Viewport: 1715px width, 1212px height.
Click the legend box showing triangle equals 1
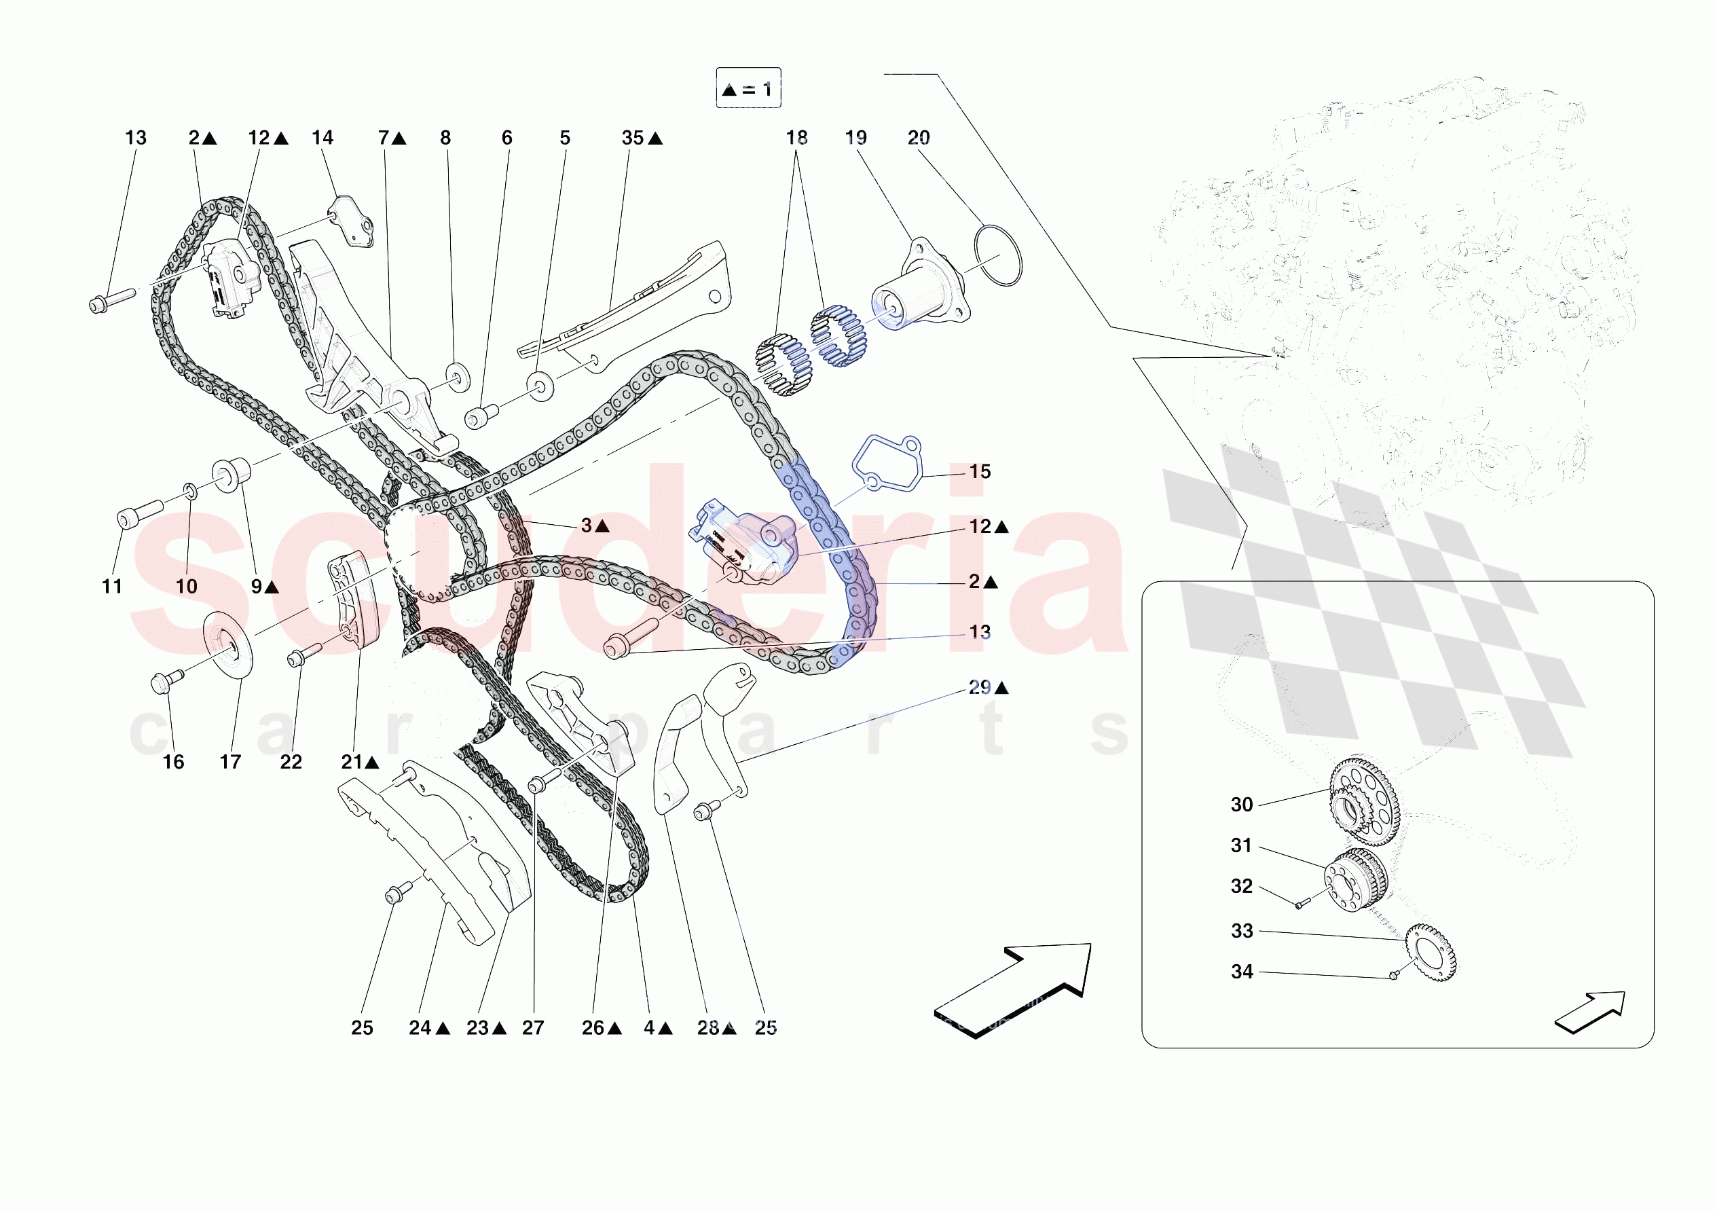(748, 89)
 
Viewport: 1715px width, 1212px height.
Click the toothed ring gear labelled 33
(1431, 952)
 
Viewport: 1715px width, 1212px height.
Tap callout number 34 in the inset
(1241, 972)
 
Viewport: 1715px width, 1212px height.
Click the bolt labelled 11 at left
(139, 514)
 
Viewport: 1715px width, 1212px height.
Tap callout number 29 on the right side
(979, 686)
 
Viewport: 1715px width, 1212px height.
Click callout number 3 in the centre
(587, 526)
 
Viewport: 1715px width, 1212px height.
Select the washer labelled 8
(457, 376)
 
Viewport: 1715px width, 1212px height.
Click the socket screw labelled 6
(480, 416)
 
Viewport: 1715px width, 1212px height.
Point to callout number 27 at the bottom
(532, 1027)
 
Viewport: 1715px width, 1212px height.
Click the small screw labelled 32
(1299, 905)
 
